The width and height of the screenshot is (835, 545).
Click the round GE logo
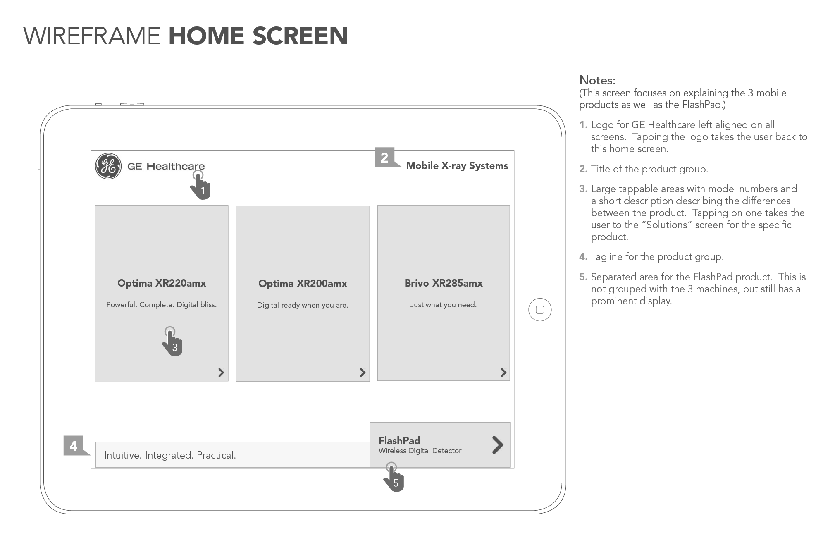[x=108, y=166]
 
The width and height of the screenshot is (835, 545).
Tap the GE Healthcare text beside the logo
[x=166, y=166]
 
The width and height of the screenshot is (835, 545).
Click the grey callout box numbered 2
[x=384, y=158]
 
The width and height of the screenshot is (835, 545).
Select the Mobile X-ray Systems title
[x=457, y=166]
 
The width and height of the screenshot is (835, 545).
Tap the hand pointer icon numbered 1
[x=201, y=186]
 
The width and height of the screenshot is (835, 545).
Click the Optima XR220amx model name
[x=162, y=283]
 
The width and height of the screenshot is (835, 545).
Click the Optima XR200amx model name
[x=303, y=284]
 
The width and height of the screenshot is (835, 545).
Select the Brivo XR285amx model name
[x=444, y=283]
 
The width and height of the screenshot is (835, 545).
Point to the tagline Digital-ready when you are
[x=303, y=305]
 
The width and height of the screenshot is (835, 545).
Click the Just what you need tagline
[x=443, y=305]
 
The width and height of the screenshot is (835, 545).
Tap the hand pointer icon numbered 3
[x=172, y=343]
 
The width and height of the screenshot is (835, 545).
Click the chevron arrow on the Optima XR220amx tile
[x=221, y=373]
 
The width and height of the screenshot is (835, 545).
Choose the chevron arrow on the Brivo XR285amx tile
[x=503, y=373]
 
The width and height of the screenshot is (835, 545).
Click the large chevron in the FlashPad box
[x=498, y=445]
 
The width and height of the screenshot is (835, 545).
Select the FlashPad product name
[x=399, y=440]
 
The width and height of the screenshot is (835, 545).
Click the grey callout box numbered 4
[x=74, y=446]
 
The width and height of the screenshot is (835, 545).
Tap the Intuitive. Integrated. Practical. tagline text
[x=170, y=455]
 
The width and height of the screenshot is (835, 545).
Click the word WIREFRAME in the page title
[x=92, y=36]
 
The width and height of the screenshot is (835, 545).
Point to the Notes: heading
[x=597, y=80]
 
